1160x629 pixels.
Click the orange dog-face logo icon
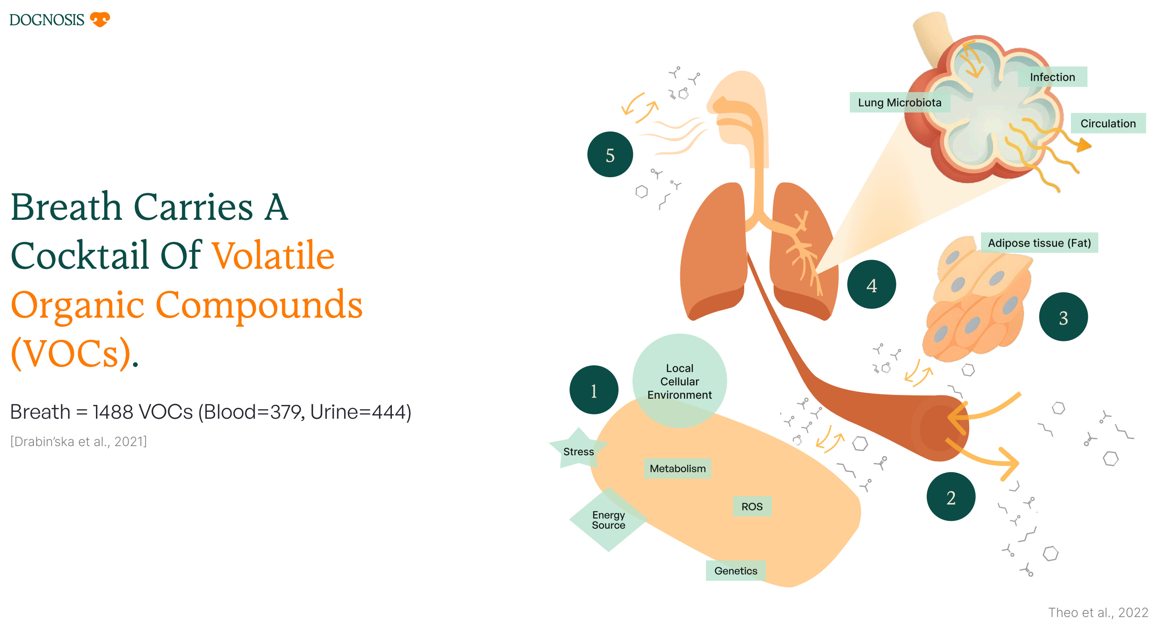pos(99,20)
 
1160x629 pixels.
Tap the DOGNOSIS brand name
pos(47,20)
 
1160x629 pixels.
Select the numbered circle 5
pos(610,155)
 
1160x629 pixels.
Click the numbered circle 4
pos(871,285)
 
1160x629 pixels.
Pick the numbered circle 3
pos(1063,318)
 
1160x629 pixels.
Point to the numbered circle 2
pos(950,497)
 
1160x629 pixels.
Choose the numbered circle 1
pos(593,390)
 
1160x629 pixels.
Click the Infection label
pos(1052,77)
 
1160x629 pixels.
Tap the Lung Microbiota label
pos(899,103)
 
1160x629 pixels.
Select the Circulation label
pos(1108,123)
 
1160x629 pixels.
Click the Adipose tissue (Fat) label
pos(1039,243)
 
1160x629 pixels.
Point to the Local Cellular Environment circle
pos(679,381)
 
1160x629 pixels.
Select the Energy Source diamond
pos(608,520)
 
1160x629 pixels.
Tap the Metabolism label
pos(677,468)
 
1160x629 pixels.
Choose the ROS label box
pos(752,507)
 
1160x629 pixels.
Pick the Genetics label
pos(736,570)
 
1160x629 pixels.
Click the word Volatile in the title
pos(273,256)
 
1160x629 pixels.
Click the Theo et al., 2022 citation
pos(1098,612)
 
